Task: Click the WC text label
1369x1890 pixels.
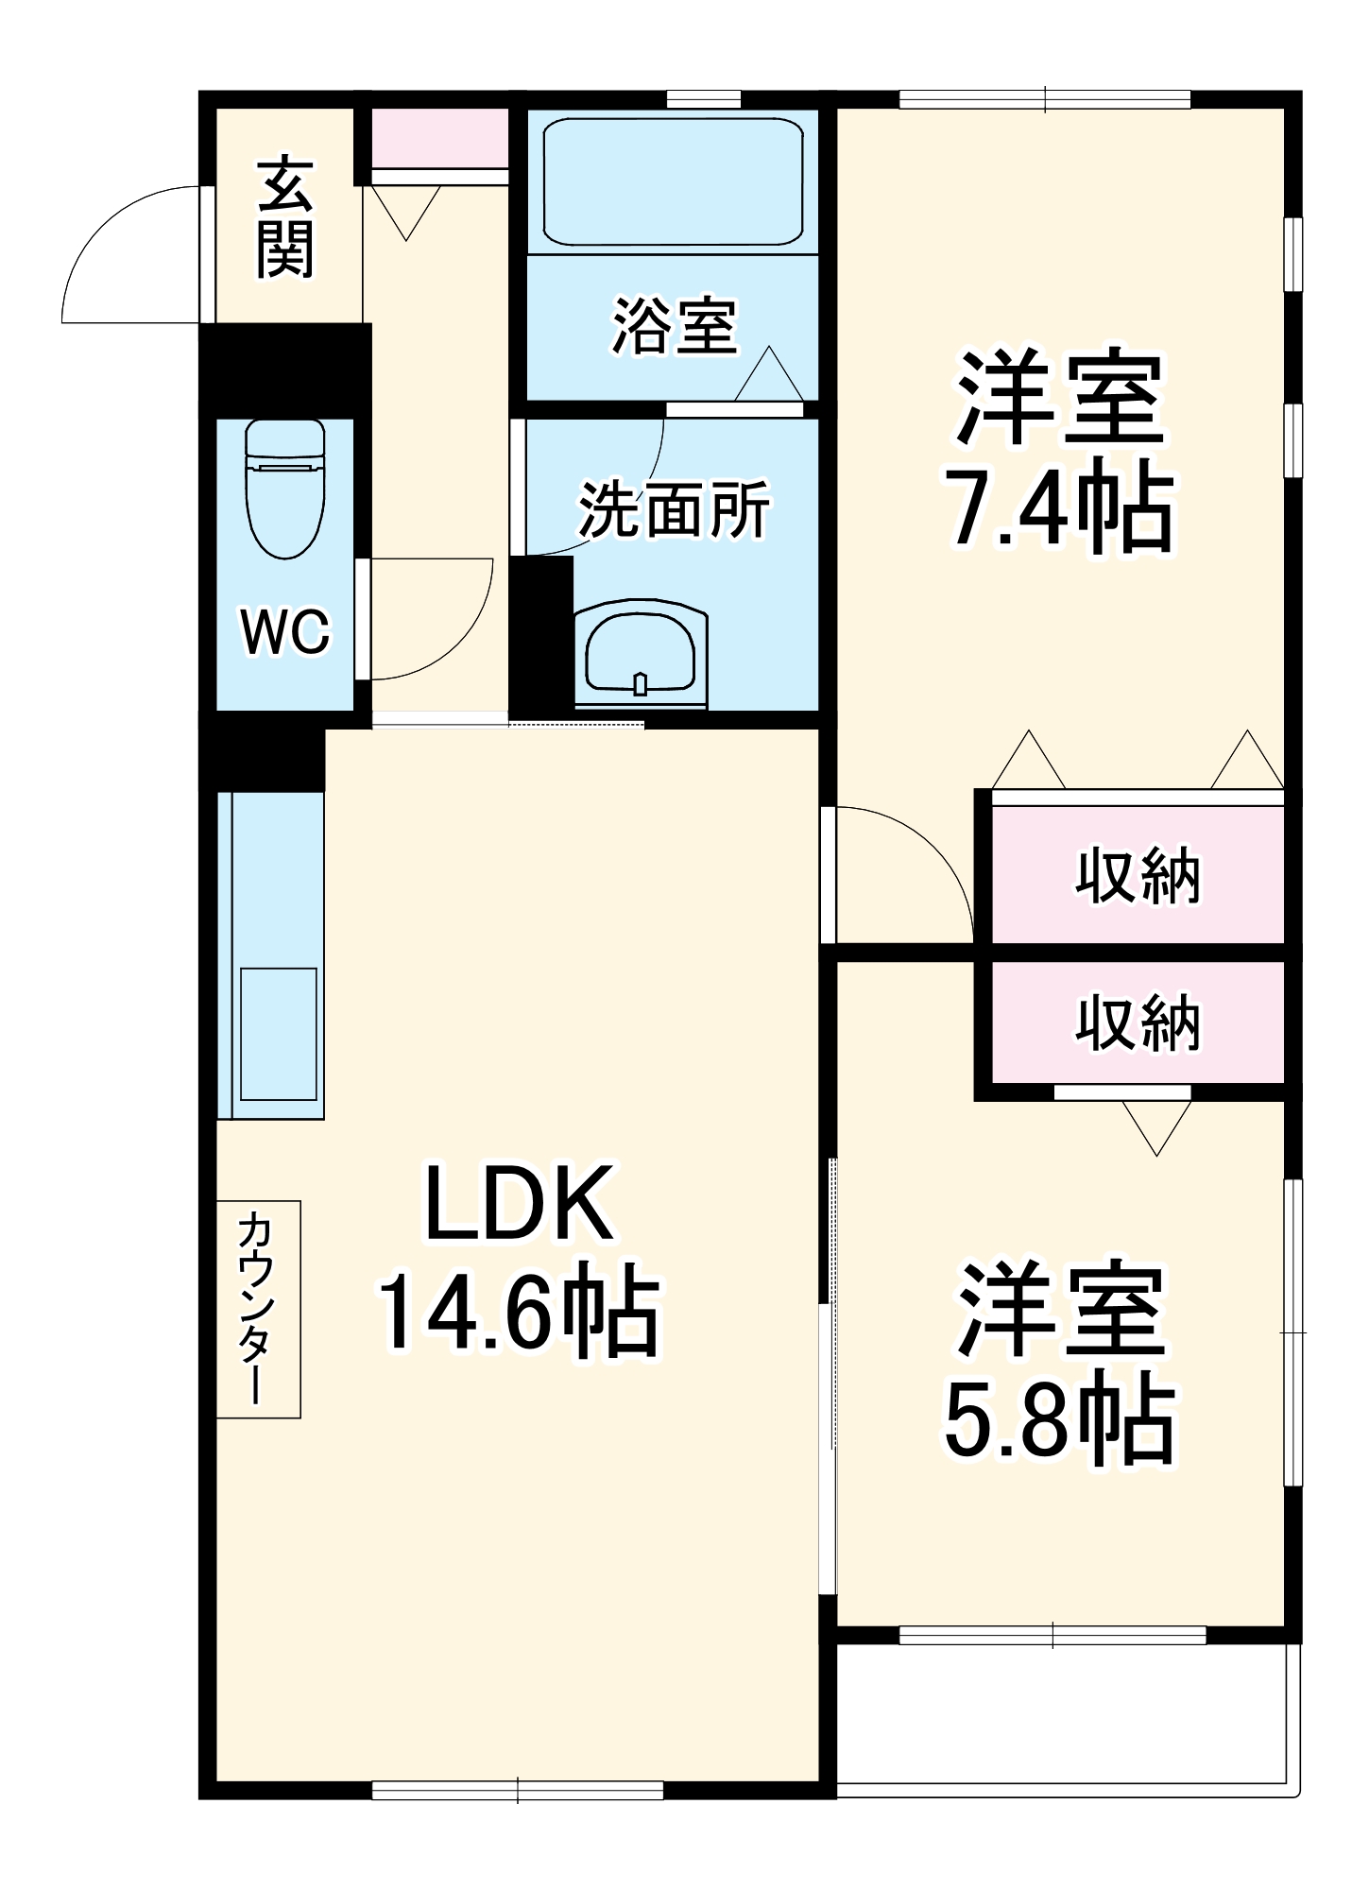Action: (284, 631)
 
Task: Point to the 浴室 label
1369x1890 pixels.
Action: (674, 326)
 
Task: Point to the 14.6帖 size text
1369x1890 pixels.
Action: (518, 1314)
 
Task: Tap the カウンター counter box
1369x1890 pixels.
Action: (258, 1309)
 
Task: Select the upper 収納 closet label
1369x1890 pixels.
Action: (1138, 876)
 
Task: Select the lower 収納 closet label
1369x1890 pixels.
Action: (1138, 1022)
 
